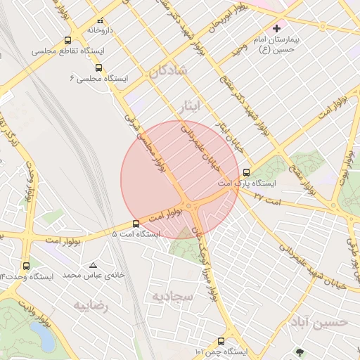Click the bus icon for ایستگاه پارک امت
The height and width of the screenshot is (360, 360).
[x=246, y=172]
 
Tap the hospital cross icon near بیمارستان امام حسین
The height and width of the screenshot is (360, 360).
[x=276, y=29]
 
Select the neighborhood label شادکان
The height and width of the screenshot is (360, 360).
[x=167, y=70]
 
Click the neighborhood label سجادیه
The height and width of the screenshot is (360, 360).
[x=168, y=296]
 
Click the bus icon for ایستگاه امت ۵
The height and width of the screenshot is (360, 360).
[x=136, y=224]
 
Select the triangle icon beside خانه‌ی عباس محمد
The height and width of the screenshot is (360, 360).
[x=93, y=265]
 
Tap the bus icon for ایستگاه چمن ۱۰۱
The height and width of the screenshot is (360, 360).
[x=221, y=341]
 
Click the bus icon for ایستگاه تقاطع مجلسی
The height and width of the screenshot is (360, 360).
[x=67, y=40]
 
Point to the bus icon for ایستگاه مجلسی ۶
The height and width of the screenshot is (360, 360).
[x=98, y=68]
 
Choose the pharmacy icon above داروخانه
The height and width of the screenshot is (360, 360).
[x=100, y=20]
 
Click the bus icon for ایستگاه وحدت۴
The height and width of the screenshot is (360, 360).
[x=26, y=266]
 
